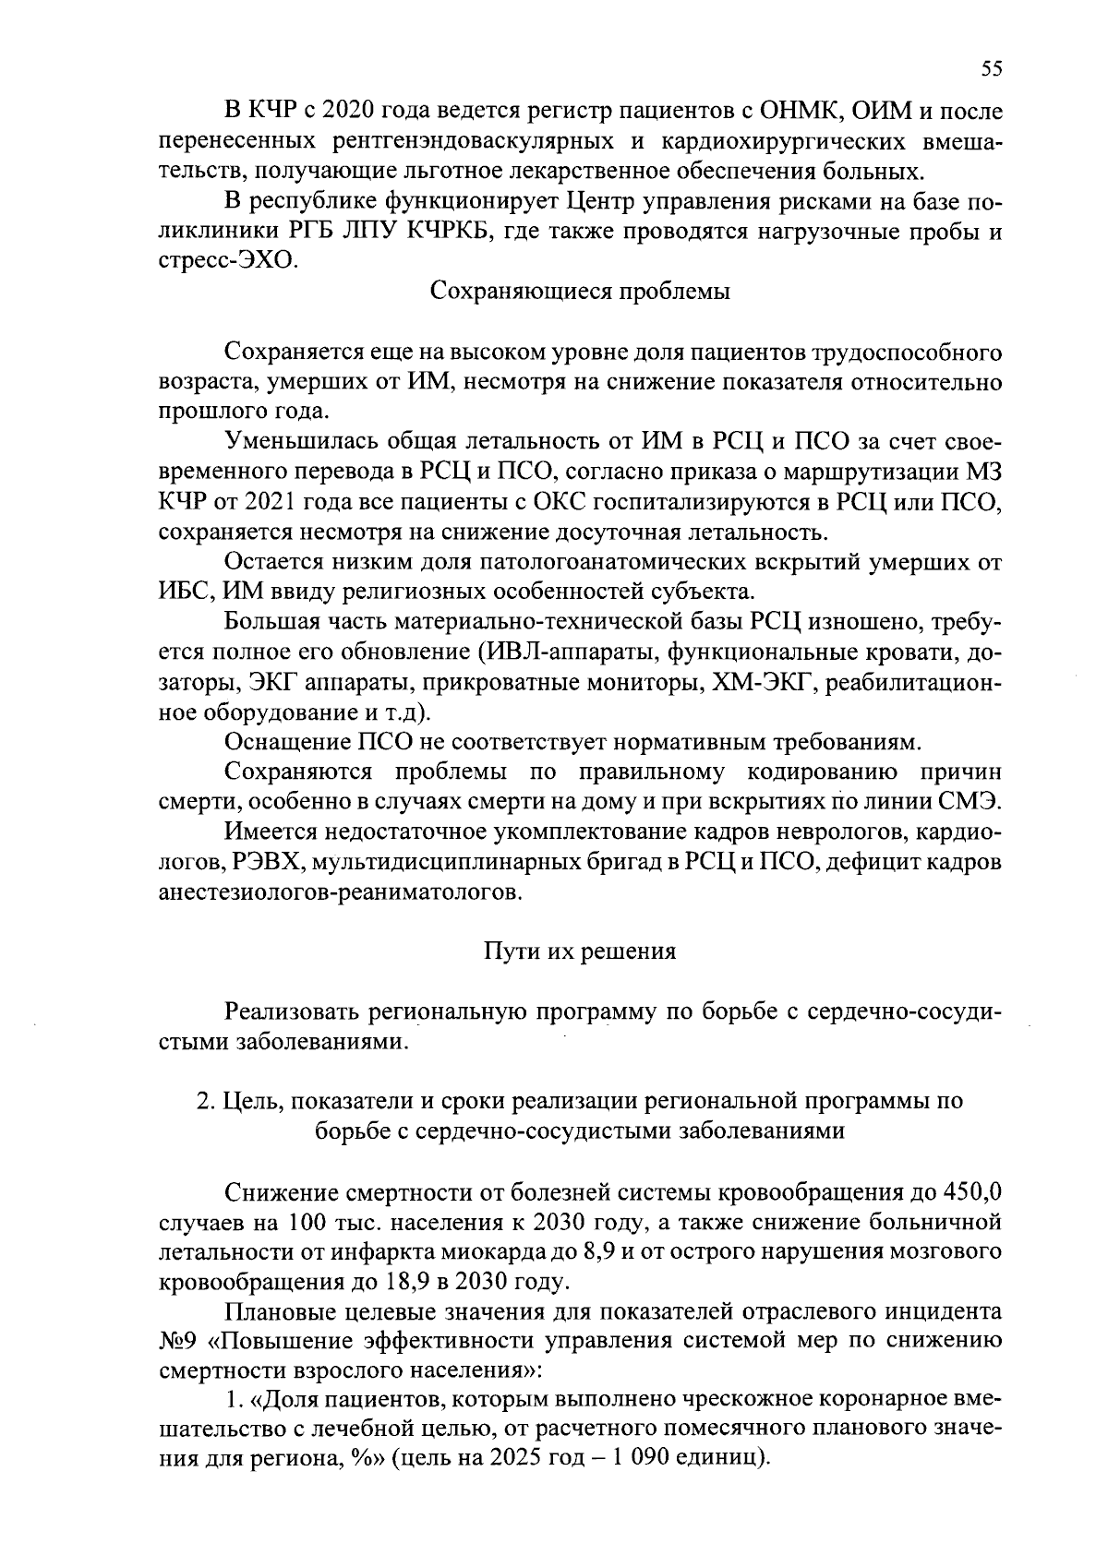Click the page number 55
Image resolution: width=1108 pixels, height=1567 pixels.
tap(991, 68)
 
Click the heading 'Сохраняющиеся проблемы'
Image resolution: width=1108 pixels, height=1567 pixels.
tap(581, 292)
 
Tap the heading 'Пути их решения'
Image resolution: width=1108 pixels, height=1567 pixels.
tap(581, 951)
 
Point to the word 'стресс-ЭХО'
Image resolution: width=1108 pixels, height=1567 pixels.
tap(227, 261)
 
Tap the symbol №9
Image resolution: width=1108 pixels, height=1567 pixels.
tap(174, 1342)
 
